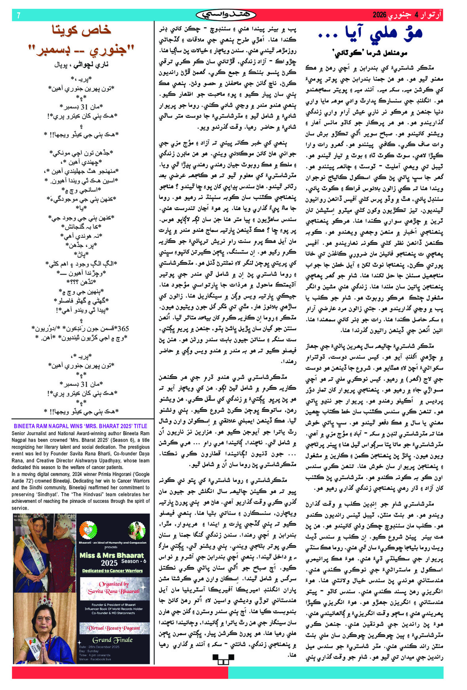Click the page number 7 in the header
click(x=18, y=15)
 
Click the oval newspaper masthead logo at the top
click(x=226, y=15)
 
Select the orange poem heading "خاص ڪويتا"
click(x=82, y=30)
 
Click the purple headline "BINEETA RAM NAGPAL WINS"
click(x=81, y=426)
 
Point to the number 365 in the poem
click(x=123, y=328)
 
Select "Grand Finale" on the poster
click(x=113, y=640)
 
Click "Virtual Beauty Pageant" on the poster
click(x=114, y=628)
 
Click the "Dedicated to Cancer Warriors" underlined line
click(x=112, y=571)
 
